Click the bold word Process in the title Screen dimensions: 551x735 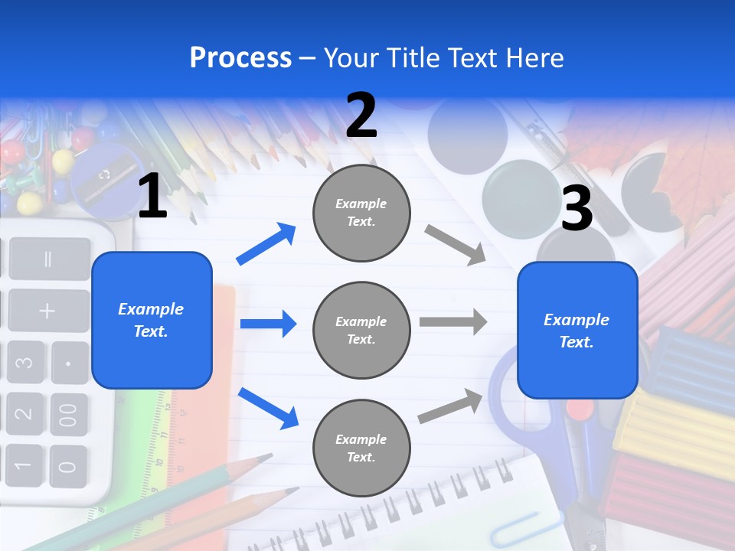[240, 58]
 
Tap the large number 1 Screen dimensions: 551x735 [152, 197]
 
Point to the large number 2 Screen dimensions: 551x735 [361, 116]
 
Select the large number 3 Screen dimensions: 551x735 [577, 209]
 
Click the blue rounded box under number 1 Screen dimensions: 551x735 [152, 320]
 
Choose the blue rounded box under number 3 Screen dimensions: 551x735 [577, 330]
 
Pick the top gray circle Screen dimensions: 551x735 [361, 213]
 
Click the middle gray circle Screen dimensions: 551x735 [361, 330]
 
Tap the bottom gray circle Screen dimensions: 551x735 [361, 448]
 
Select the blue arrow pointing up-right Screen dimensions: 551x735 [266, 244]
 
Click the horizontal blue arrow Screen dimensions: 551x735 [268, 324]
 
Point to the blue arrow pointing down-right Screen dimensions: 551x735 [268, 408]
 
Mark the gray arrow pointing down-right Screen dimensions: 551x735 [456, 244]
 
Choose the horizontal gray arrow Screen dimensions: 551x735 [453, 322]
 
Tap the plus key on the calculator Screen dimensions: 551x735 [47, 311]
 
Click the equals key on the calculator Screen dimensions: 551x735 [47, 258]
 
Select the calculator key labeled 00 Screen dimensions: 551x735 [68, 414]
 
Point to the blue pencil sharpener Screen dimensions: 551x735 [103, 176]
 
